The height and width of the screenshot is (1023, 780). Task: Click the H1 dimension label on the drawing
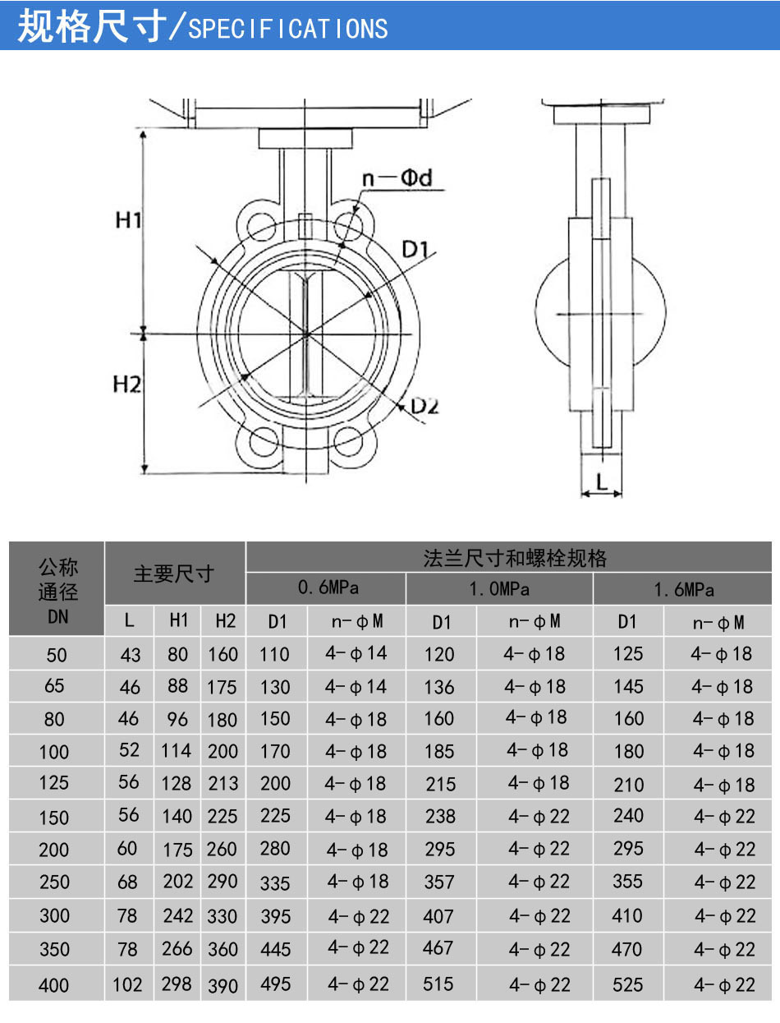[x=130, y=220]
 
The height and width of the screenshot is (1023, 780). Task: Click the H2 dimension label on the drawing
[x=128, y=384]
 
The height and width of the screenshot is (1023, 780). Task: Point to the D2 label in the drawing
[x=425, y=405]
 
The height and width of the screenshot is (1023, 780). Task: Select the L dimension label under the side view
[x=602, y=482]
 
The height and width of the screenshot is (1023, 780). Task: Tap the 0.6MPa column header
[x=328, y=588]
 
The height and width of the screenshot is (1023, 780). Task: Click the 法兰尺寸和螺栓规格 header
[x=515, y=559]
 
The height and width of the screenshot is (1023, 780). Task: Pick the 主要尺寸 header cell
[x=174, y=574]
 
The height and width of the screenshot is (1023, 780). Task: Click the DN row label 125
[x=54, y=783]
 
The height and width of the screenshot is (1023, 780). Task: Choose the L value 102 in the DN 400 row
[x=127, y=984]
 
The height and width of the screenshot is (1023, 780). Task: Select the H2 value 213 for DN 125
[x=223, y=783]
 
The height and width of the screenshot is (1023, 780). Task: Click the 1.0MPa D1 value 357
[x=439, y=882]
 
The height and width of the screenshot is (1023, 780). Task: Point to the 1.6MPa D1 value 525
[x=628, y=984]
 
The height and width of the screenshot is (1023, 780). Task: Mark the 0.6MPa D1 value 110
[x=275, y=654]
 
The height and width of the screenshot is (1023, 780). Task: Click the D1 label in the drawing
[x=416, y=249]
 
